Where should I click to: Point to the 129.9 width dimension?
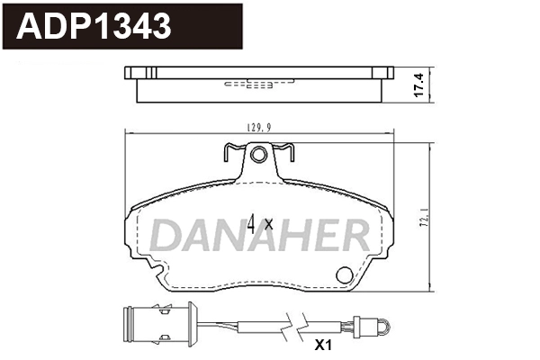260,129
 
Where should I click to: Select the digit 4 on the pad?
254,222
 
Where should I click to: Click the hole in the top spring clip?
258,157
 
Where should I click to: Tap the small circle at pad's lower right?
343,275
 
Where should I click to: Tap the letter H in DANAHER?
282,237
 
